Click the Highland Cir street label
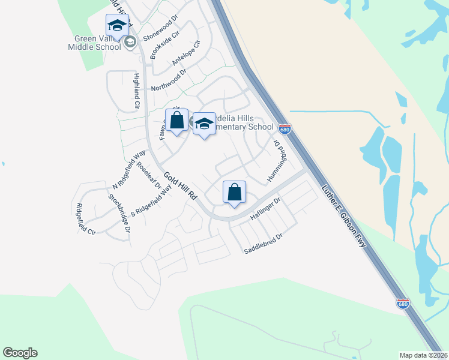[137, 91]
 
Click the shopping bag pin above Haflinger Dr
[234, 192]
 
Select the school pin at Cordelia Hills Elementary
[204, 124]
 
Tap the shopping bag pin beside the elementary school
[177, 121]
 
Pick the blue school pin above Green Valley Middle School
[117, 25]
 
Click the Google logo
[20, 353]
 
